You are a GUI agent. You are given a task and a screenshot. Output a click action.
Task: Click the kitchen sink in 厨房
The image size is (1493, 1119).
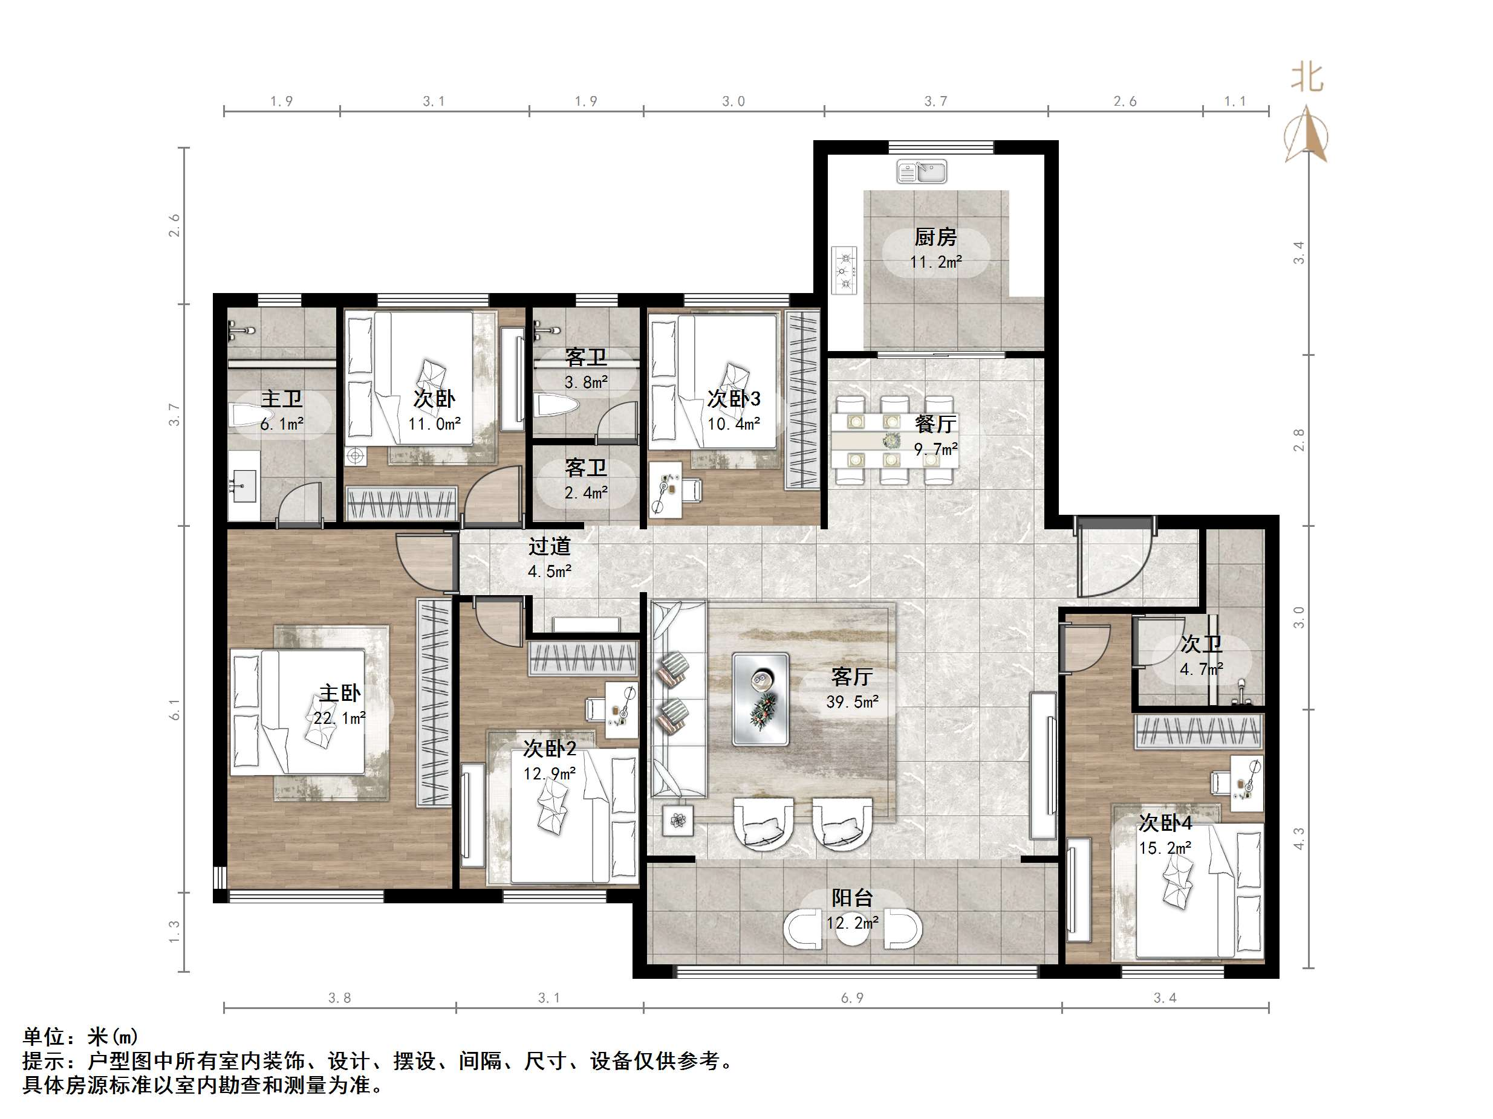922,172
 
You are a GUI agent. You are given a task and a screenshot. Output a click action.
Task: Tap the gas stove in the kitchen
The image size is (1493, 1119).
844,271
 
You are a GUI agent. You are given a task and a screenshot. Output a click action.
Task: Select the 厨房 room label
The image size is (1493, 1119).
935,237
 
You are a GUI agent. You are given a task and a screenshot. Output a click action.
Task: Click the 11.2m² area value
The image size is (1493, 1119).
935,262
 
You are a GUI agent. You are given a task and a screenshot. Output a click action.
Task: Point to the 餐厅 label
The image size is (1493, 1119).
935,424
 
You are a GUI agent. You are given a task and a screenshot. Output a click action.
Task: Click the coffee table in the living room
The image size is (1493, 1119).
761,699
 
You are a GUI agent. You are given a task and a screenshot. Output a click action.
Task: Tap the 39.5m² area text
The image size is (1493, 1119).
852,702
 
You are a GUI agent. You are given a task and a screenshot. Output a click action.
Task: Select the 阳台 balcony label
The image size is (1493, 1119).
852,898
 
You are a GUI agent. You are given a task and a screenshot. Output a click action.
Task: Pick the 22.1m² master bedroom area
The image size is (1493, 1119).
339,718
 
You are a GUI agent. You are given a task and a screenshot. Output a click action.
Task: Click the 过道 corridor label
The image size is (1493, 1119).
550,546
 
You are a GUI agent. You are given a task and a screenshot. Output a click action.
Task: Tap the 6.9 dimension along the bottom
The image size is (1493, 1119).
852,998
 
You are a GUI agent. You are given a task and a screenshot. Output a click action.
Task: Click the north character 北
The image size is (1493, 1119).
1307,77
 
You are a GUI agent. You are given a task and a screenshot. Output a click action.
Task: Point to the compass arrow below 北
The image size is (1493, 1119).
1307,135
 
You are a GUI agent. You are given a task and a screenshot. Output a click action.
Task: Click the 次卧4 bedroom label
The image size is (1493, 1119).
1165,823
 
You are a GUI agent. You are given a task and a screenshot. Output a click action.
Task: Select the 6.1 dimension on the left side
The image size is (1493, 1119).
174,709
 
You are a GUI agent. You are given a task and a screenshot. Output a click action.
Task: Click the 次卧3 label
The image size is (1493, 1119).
733,399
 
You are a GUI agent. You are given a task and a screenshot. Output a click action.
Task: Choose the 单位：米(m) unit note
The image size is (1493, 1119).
80,1036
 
